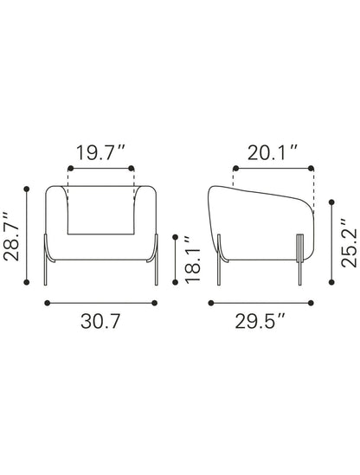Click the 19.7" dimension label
tap(100, 152)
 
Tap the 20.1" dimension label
tap(273, 152)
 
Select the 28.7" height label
tap(11, 236)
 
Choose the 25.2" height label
tap(349, 243)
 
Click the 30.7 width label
tap(100, 321)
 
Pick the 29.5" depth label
tap(260, 321)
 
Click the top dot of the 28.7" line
tap(27, 189)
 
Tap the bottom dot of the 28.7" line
tap(27, 282)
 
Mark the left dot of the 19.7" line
tap(71, 168)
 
